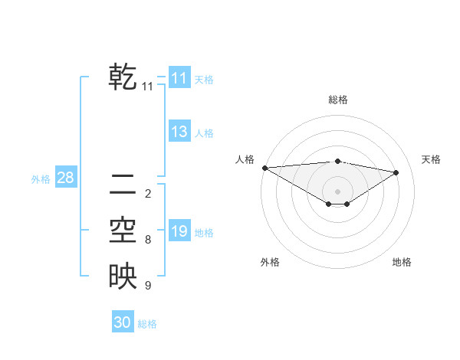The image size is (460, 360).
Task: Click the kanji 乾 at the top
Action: (x=123, y=77)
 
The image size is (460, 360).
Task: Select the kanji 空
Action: (x=123, y=231)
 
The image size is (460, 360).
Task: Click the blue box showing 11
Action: (x=179, y=78)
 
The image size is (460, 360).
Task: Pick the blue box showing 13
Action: (x=179, y=132)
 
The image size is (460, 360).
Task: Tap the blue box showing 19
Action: (x=179, y=231)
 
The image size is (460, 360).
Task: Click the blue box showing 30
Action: (x=123, y=322)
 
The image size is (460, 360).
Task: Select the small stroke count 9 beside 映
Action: (x=147, y=286)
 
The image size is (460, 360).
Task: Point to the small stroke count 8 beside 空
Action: (x=147, y=240)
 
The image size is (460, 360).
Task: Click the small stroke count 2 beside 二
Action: (x=147, y=194)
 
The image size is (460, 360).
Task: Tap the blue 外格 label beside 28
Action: (x=41, y=179)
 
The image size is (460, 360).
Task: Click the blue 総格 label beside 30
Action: (x=147, y=323)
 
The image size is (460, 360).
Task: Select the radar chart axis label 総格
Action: (x=337, y=100)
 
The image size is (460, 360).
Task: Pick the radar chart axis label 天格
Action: (x=431, y=159)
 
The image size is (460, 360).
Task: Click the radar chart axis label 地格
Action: (x=402, y=262)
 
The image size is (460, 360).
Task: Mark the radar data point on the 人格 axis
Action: (x=264, y=168)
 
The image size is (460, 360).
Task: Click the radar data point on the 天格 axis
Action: (x=396, y=172)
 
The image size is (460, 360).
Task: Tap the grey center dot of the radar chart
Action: (x=337, y=191)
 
